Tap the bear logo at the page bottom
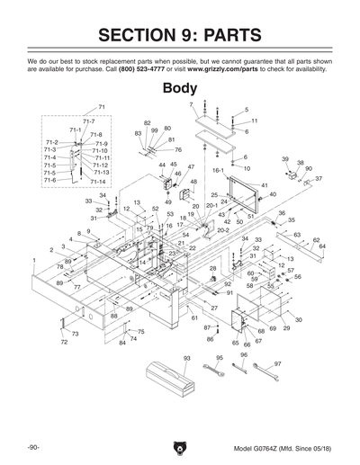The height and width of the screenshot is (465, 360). (x=180, y=447)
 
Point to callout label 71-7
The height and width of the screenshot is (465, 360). (x=88, y=121)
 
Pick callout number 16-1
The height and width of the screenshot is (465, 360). (x=218, y=169)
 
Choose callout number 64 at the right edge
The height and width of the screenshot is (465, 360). (x=322, y=246)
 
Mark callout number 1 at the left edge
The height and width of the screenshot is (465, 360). (x=33, y=260)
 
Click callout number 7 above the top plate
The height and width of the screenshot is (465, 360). (x=191, y=105)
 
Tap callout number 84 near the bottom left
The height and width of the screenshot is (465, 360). (x=122, y=344)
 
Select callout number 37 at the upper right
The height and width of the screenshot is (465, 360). (x=318, y=179)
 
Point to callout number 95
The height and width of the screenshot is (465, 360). (x=219, y=358)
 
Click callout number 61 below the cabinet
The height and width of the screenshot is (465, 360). (x=194, y=318)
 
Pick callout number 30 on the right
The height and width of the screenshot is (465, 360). (x=298, y=320)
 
